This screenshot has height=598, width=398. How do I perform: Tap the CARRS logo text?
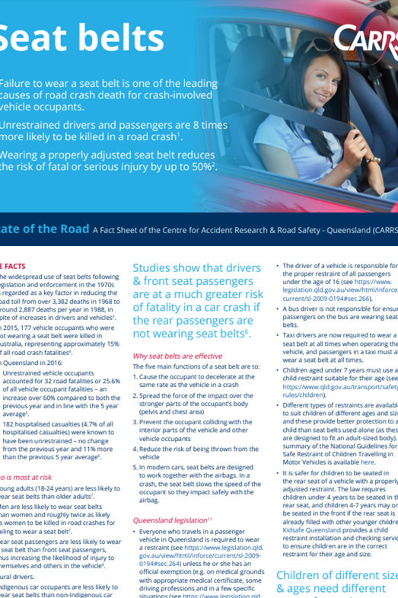coord(366,38)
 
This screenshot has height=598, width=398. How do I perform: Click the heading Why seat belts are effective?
coord(177,356)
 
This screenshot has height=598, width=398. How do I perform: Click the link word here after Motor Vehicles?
coord(368,461)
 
